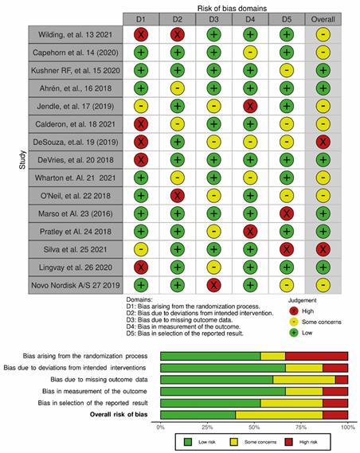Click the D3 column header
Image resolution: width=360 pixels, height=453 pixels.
[x=213, y=19]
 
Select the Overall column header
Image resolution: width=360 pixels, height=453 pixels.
[x=323, y=19]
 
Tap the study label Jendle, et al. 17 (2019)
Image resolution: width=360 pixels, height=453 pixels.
[x=76, y=107]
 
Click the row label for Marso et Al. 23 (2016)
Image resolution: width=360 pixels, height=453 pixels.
[x=76, y=214]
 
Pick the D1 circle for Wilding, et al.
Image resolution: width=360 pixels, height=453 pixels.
[x=141, y=35]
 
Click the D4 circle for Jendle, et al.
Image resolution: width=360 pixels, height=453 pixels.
[x=250, y=107]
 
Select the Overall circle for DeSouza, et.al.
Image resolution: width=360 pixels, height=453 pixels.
[x=323, y=143]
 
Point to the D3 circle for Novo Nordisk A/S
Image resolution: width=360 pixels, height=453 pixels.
[x=213, y=285]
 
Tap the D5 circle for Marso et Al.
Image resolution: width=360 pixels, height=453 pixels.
[x=287, y=214]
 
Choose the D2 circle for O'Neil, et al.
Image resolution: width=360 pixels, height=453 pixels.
[x=178, y=196]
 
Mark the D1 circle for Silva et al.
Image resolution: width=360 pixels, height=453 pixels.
[x=141, y=249]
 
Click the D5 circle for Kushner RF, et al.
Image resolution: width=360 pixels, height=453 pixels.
[x=287, y=71]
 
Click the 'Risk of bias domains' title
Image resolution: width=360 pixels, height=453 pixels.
[x=232, y=9]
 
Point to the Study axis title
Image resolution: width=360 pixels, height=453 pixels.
[x=22, y=160]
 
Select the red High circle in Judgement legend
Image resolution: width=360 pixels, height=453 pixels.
[x=294, y=311]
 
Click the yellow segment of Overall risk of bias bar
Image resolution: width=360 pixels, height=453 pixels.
[x=279, y=415]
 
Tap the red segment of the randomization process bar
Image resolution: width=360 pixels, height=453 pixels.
[x=316, y=356]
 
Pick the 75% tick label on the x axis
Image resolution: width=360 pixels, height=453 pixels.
[x=301, y=428]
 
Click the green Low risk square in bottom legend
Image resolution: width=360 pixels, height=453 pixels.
[x=188, y=442]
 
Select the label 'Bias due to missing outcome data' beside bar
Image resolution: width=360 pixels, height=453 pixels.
[x=99, y=379]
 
